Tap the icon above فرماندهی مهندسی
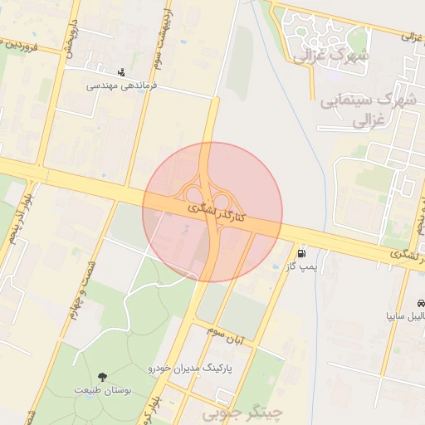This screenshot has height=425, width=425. (x=123, y=71)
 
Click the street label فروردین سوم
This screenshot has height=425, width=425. (x=28, y=43)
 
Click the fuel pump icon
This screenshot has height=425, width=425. (x=300, y=253)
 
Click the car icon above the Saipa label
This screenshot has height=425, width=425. (x=422, y=303)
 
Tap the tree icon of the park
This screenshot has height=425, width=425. (x=102, y=377)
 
